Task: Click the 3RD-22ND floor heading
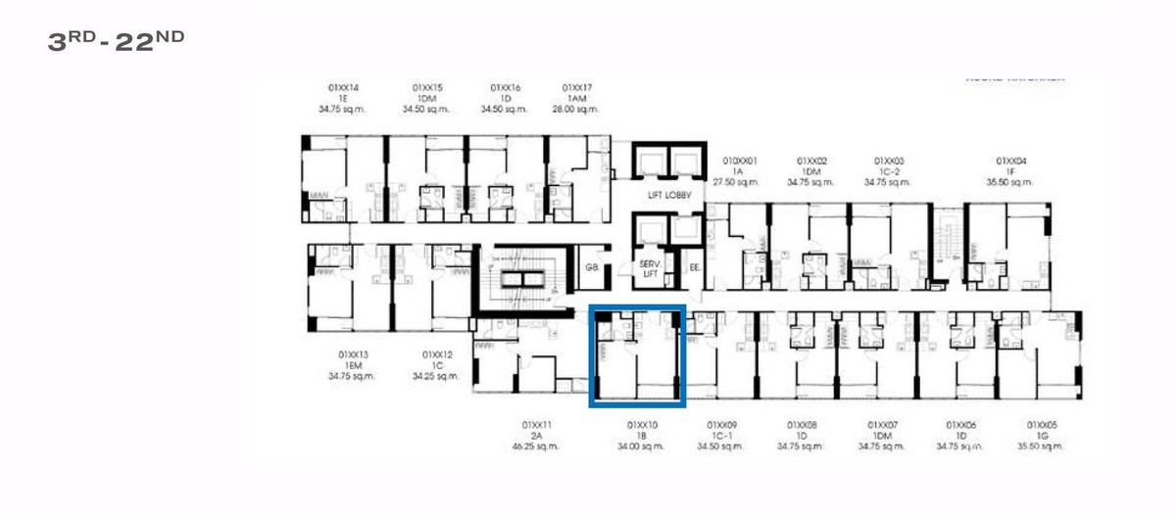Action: click(116, 40)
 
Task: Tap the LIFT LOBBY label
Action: click(669, 195)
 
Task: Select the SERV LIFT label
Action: click(650, 269)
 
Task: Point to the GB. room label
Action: click(592, 266)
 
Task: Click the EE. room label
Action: click(694, 266)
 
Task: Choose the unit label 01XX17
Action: click(576, 88)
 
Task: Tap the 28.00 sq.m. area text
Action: click(576, 110)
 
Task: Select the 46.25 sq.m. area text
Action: click(536, 446)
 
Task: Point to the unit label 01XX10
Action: click(642, 425)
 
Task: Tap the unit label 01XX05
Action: click(1043, 425)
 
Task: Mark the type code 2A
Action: click(536, 436)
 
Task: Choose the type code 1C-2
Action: click(890, 171)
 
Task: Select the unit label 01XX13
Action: click(354, 354)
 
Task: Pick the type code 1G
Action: click(1043, 436)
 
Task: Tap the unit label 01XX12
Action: click(437, 354)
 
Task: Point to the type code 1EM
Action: click(354, 365)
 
